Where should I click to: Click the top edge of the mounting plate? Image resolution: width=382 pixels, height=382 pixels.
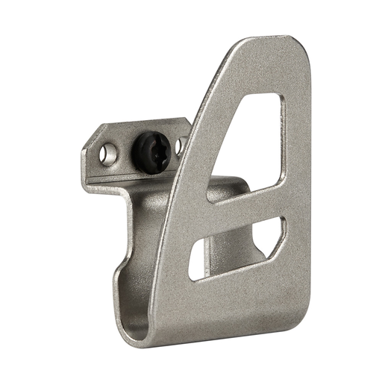[142, 124]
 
